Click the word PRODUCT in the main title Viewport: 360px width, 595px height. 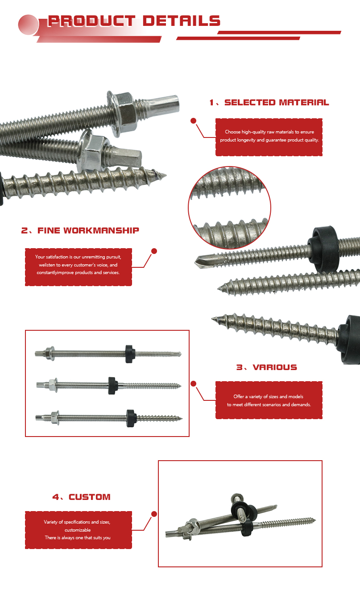point(91,21)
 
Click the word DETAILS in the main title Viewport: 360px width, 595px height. point(182,21)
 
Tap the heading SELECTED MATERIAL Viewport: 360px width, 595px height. point(277,103)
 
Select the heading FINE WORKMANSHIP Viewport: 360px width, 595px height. point(88,231)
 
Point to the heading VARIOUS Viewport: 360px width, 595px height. point(275,367)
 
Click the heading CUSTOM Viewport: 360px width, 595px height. point(90,497)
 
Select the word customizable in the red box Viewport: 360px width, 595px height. point(78,530)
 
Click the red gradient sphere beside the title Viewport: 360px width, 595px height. point(29,25)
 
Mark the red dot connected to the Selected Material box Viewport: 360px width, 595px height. point(193,121)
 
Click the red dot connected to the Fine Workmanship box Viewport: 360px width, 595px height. point(154,251)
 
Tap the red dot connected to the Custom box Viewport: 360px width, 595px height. point(154,514)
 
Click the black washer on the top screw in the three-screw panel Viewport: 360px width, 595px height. point(130,354)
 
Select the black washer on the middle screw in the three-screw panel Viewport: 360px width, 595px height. point(112,385)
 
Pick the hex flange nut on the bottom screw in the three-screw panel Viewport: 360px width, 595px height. point(55,418)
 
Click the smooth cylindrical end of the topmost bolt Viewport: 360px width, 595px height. point(164,104)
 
